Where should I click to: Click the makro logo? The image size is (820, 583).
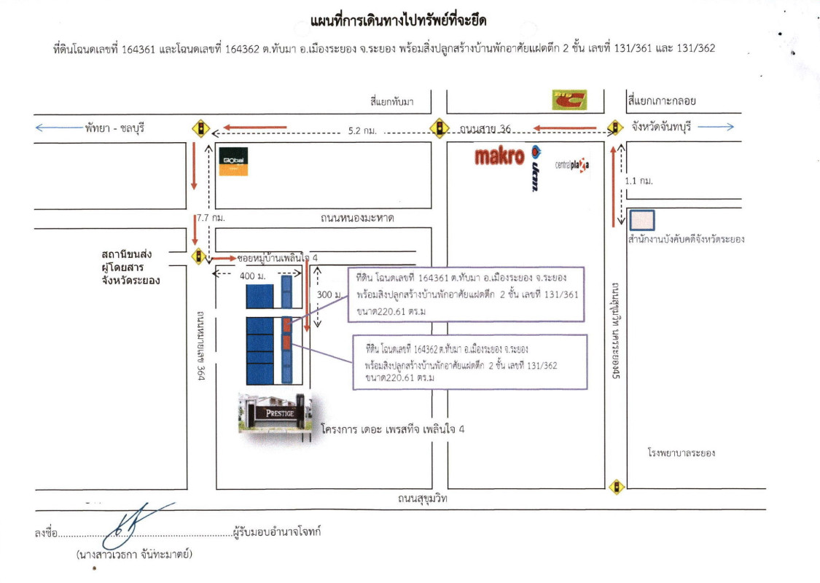(x=499, y=156)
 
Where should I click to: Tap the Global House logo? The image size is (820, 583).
(x=233, y=161)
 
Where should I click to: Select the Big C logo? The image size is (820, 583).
(x=569, y=100)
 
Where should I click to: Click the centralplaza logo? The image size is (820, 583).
(x=572, y=165)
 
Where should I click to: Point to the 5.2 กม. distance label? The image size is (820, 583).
(x=362, y=131)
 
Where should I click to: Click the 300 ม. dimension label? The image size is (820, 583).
(x=332, y=293)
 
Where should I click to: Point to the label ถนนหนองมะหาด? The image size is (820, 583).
(x=357, y=218)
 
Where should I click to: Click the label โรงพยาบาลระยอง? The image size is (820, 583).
(x=681, y=453)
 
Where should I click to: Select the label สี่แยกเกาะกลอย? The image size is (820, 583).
(x=661, y=101)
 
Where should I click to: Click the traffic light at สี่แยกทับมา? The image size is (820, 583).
(x=439, y=129)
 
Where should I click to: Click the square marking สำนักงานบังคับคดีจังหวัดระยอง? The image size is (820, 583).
(x=642, y=220)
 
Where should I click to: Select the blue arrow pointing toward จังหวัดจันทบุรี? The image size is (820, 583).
(x=718, y=127)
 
